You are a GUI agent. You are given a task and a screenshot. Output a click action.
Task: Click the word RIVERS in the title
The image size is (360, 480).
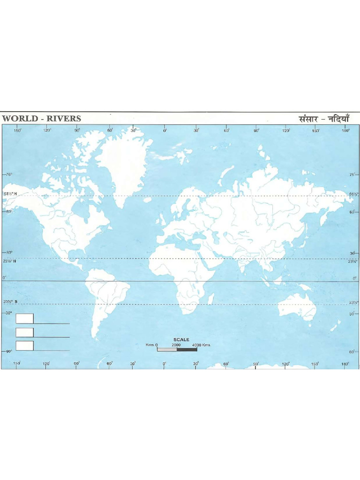pyautogui.click(x=62, y=119)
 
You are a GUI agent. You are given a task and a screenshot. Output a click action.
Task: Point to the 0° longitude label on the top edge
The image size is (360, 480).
pyautogui.click(x=165, y=131)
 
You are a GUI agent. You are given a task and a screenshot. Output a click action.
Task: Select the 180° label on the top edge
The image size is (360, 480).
pyautogui.click(x=345, y=131)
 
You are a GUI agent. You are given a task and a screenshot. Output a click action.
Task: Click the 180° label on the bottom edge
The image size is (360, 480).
pyautogui.click(x=345, y=363)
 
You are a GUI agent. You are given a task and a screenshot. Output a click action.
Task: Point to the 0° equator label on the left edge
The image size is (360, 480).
pyautogui.click(x=5, y=278)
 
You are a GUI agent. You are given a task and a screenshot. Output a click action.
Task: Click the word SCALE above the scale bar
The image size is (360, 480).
pyautogui.click(x=181, y=339)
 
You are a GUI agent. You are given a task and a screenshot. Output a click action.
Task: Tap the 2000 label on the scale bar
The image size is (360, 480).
pyautogui.click(x=176, y=345)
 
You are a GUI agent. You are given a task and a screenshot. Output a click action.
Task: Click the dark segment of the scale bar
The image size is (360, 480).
pyautogui.click(x=187, y=349)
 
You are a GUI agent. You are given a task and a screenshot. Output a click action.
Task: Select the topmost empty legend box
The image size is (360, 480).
pyautogui.click(x=24, y=319)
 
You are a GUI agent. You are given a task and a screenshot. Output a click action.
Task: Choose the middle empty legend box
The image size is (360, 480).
pyautogui.click(x=24, y=332)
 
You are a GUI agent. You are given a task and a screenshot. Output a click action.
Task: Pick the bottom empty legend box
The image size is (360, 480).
pyautogui.click(x=24, y=346)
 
